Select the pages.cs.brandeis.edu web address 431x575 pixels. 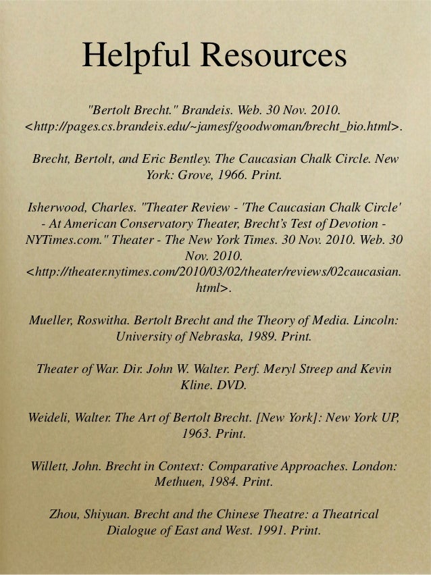[x=215, y=125]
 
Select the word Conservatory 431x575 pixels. [x=165, y=223]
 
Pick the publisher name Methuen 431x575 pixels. [x=179, y=483]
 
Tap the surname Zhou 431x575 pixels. [x=65, y=515]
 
